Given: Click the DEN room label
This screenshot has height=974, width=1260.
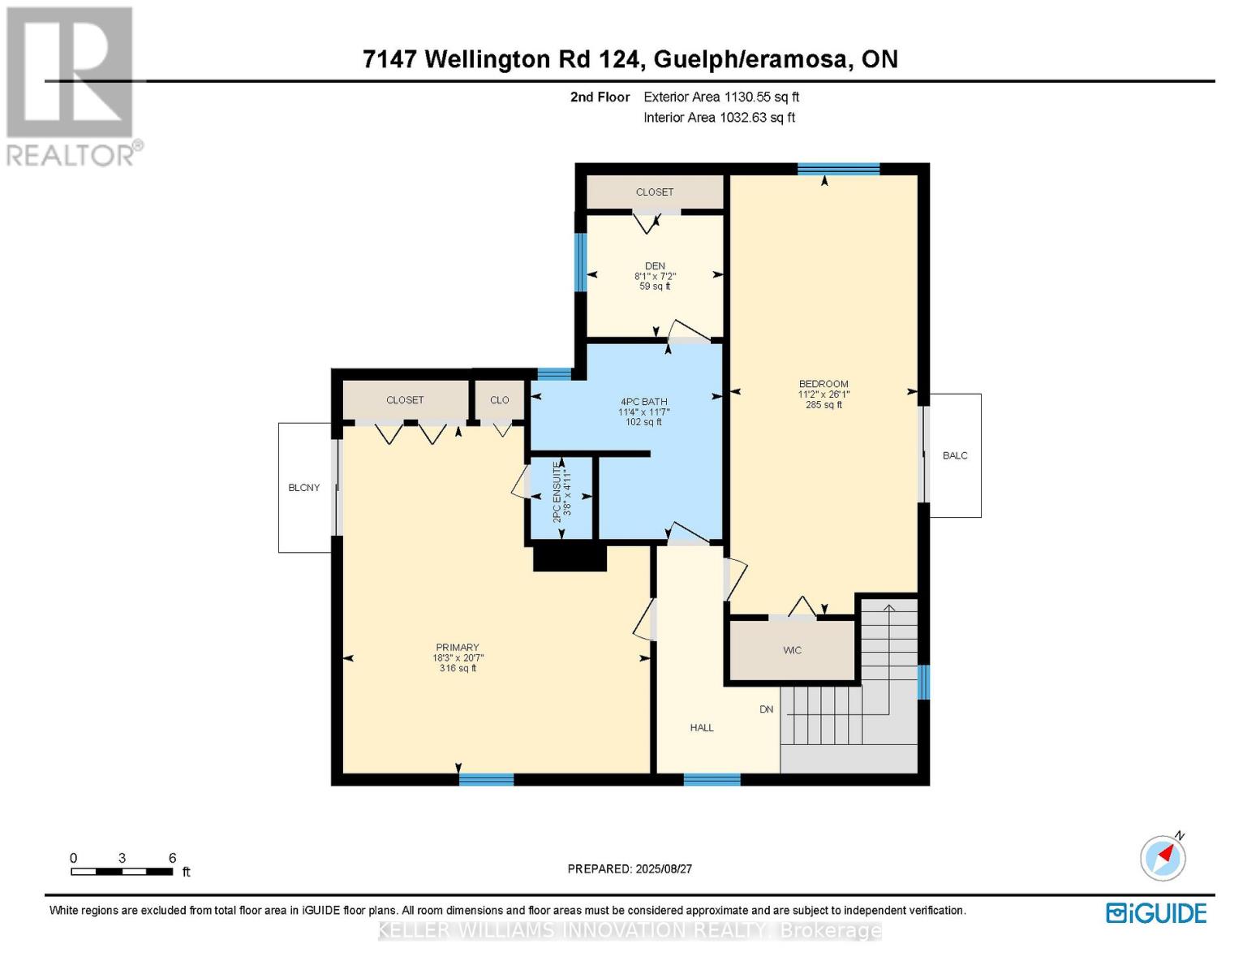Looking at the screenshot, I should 655,266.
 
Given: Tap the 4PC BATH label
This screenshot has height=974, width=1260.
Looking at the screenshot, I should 643,402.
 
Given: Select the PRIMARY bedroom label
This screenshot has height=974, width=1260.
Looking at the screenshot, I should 457,648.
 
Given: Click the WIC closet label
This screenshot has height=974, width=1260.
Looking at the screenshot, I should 792,650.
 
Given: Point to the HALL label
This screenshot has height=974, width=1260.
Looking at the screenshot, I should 702,728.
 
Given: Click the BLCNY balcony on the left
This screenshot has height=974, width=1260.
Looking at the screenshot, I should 304,488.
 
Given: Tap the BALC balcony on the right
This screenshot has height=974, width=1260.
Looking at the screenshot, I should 955,455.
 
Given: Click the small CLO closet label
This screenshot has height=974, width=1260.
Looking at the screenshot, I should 500,400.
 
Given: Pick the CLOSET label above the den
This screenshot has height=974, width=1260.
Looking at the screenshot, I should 655,192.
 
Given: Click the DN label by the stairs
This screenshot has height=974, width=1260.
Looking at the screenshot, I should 767,709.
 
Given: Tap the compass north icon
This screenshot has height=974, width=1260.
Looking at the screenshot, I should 1163,857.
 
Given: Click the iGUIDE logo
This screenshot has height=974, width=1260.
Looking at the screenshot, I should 1156,913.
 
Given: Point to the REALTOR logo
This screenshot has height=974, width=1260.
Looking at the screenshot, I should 71,85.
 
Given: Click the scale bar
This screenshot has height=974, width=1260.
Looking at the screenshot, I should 122,872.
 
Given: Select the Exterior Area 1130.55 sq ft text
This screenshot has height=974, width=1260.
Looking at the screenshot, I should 721,97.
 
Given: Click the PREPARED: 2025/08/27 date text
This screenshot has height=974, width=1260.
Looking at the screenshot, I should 630,869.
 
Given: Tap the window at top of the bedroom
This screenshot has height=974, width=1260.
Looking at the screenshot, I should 838,169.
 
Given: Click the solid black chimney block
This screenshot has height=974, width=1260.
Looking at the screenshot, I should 570,558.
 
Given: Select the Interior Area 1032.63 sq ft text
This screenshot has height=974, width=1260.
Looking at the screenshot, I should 719,118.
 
